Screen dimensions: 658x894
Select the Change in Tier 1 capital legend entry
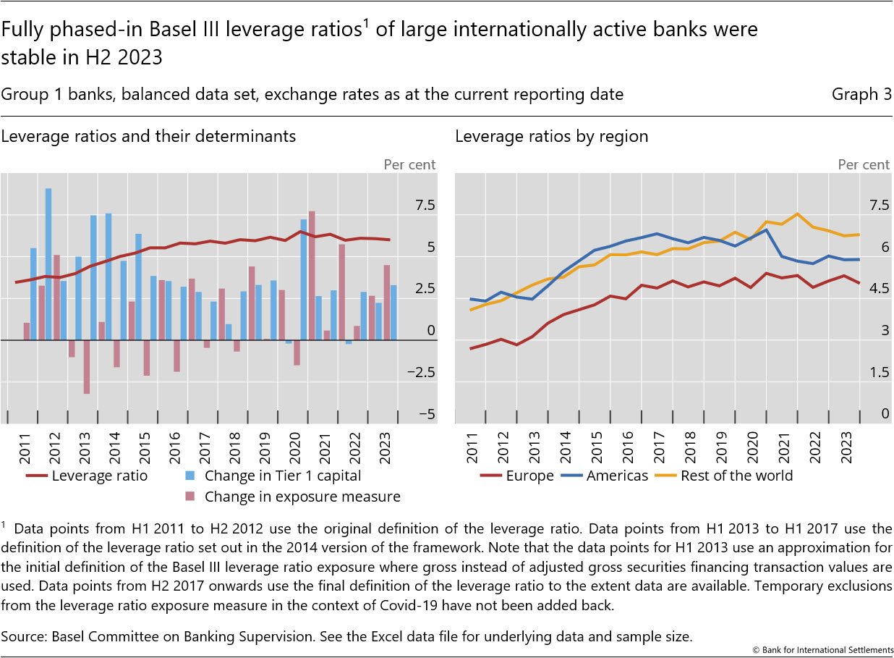pos(282,476)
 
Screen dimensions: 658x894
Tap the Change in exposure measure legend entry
pos(302,496)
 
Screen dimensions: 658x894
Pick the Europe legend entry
pos(529,476)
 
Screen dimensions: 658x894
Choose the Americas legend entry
pos(617,476)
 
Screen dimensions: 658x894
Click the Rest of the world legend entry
pos(736,476)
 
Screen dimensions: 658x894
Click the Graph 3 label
pos(861,94)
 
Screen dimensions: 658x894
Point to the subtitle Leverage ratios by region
pos(552,135)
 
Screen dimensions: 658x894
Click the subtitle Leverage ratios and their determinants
pos(148,135)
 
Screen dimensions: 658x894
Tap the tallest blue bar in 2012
pos(48,264)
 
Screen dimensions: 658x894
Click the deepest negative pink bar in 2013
pos(86,366)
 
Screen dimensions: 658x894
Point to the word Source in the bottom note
pos(22,636)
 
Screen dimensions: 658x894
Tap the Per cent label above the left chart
pos(409,164)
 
